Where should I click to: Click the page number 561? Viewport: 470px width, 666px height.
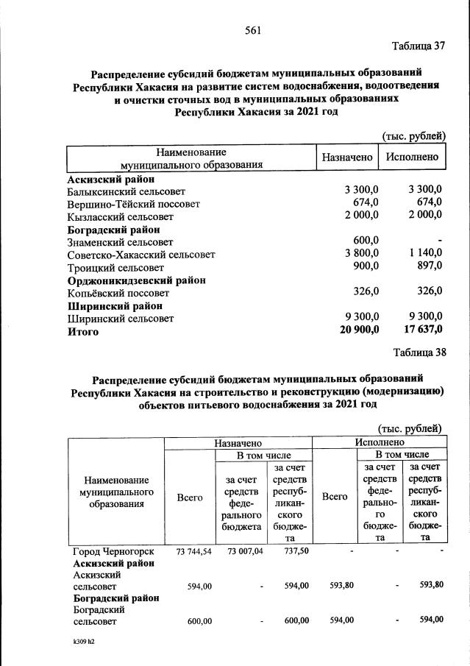[254, 30]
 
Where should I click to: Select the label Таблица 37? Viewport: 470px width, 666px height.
[419, 46]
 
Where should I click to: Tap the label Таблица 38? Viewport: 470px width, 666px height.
[419, 352]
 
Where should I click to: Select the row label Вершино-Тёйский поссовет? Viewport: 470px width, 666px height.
[133, 204]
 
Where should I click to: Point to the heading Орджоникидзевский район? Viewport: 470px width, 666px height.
[136, 280]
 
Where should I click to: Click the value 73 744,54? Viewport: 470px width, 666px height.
[190, 551]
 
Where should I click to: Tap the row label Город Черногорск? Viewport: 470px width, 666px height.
[113, 551]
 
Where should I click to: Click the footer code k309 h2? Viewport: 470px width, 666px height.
[79, 642]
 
